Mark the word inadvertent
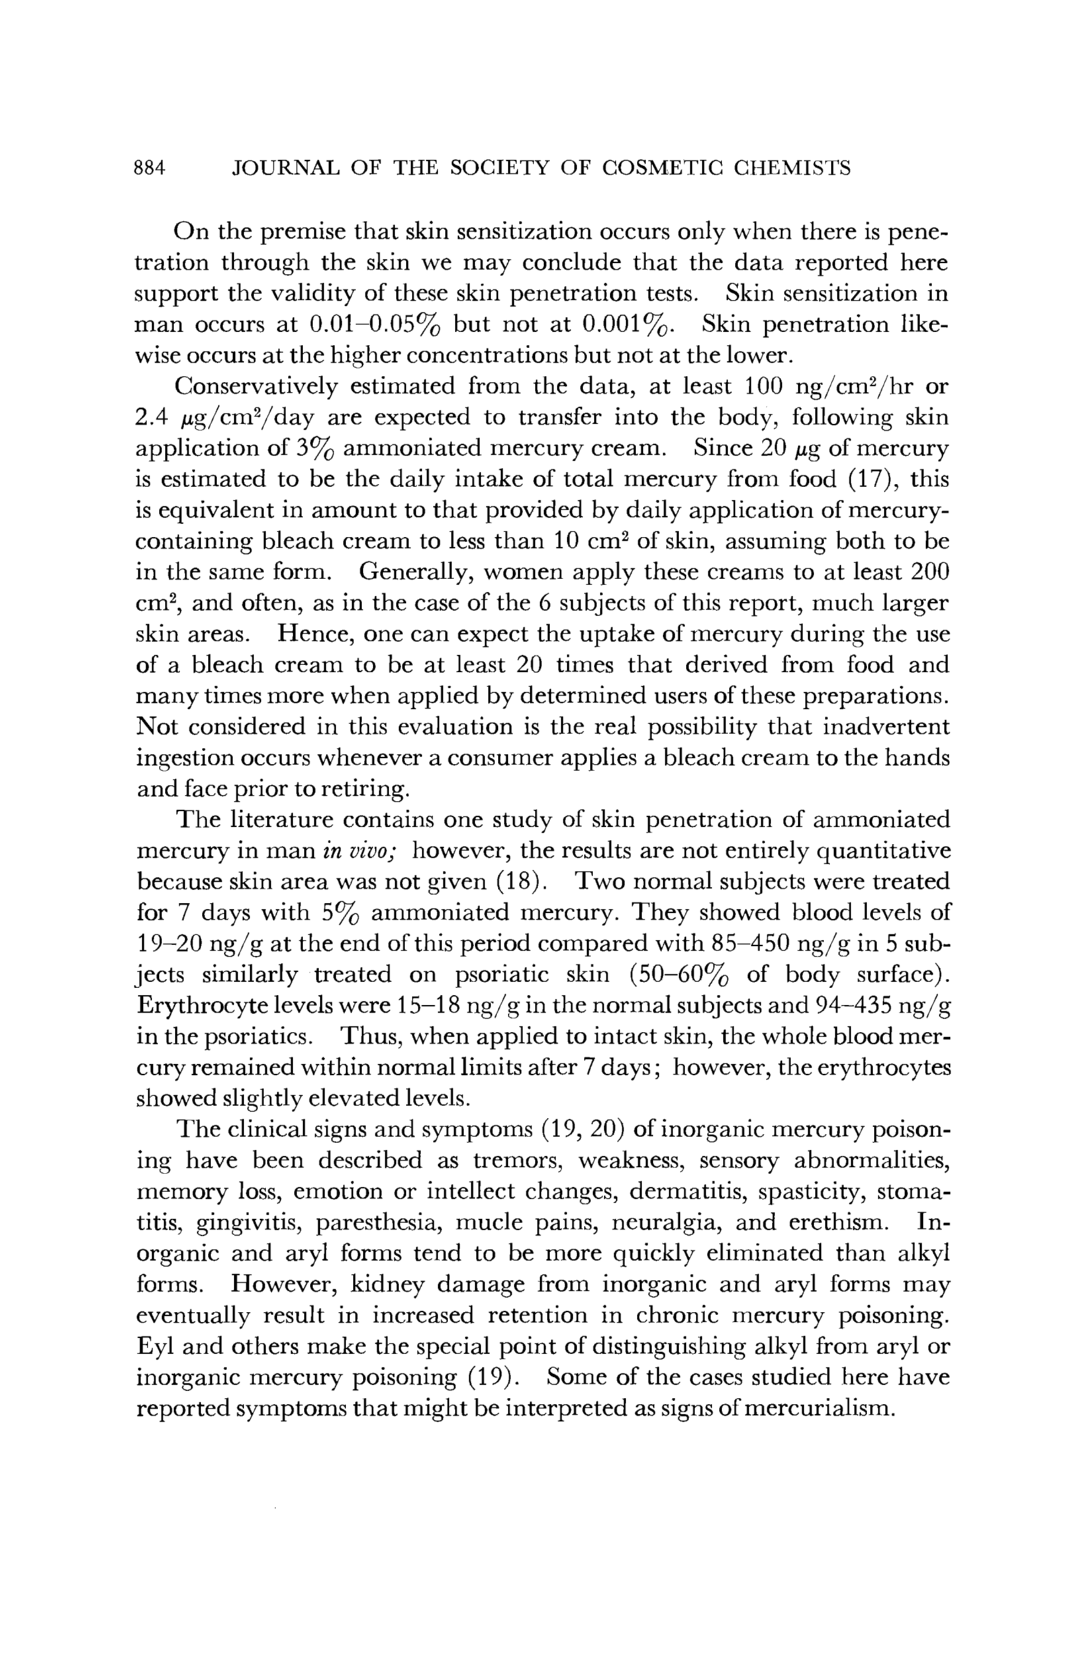886,727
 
